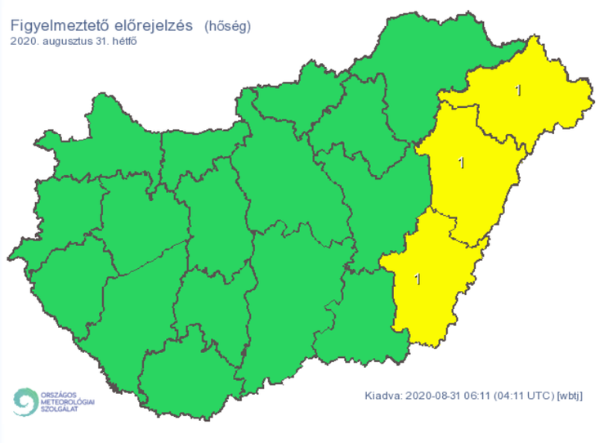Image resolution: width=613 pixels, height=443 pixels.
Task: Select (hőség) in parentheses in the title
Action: (x=228, y=26)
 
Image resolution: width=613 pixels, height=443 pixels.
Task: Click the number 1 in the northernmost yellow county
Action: (x=518, y=90)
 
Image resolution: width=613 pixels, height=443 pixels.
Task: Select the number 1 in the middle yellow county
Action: (x=462, y=163)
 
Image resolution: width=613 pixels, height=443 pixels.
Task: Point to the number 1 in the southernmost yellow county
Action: (x=418, y=280)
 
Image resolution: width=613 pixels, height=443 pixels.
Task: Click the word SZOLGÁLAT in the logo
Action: (x=62, y=410)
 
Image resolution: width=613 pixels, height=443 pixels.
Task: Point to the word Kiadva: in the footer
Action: (x=383, y=396)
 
